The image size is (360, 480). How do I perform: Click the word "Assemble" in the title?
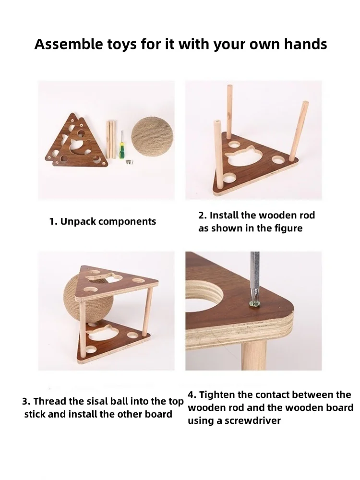point(69,44)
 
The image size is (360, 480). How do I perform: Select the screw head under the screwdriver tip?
point(254,303)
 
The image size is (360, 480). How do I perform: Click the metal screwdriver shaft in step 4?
point(255,276)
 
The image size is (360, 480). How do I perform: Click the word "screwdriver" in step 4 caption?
point(252,420)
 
